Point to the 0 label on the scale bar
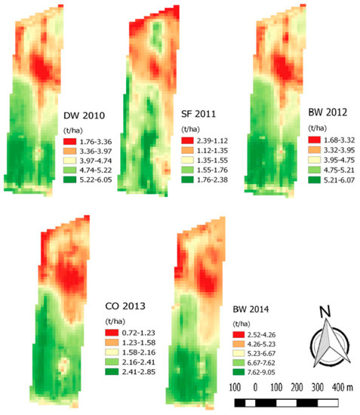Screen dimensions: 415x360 [x=256, y=388]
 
